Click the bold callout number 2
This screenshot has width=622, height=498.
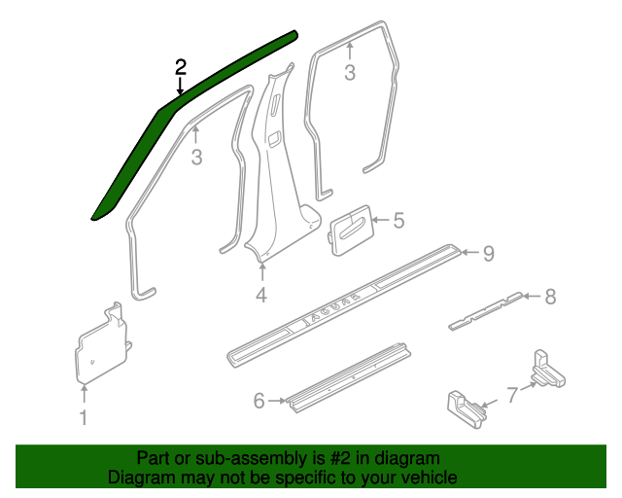pos(181,67)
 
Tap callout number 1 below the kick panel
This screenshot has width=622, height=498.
pos(84,418)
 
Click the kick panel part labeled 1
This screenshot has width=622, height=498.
pos(102,344)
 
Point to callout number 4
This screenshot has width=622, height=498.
pos(261,295)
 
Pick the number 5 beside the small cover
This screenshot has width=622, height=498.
pos(399,221)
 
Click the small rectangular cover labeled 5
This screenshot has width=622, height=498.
pos(352,231)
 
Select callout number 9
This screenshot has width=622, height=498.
pos(489,253)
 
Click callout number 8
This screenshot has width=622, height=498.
pos(550,297)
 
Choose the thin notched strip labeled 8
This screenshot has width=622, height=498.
pos(486,311)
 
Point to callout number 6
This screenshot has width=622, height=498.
pos(259,401)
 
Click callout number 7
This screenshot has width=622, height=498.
pos(512,395)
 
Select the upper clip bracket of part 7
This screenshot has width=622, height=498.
pos(548,370)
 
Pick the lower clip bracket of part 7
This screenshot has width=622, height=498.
pos(466,410)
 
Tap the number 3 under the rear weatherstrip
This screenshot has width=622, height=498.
pos(350,73)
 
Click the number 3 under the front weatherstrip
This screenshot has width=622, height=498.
pos(196,158)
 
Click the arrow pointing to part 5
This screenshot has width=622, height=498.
pos(381,220)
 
